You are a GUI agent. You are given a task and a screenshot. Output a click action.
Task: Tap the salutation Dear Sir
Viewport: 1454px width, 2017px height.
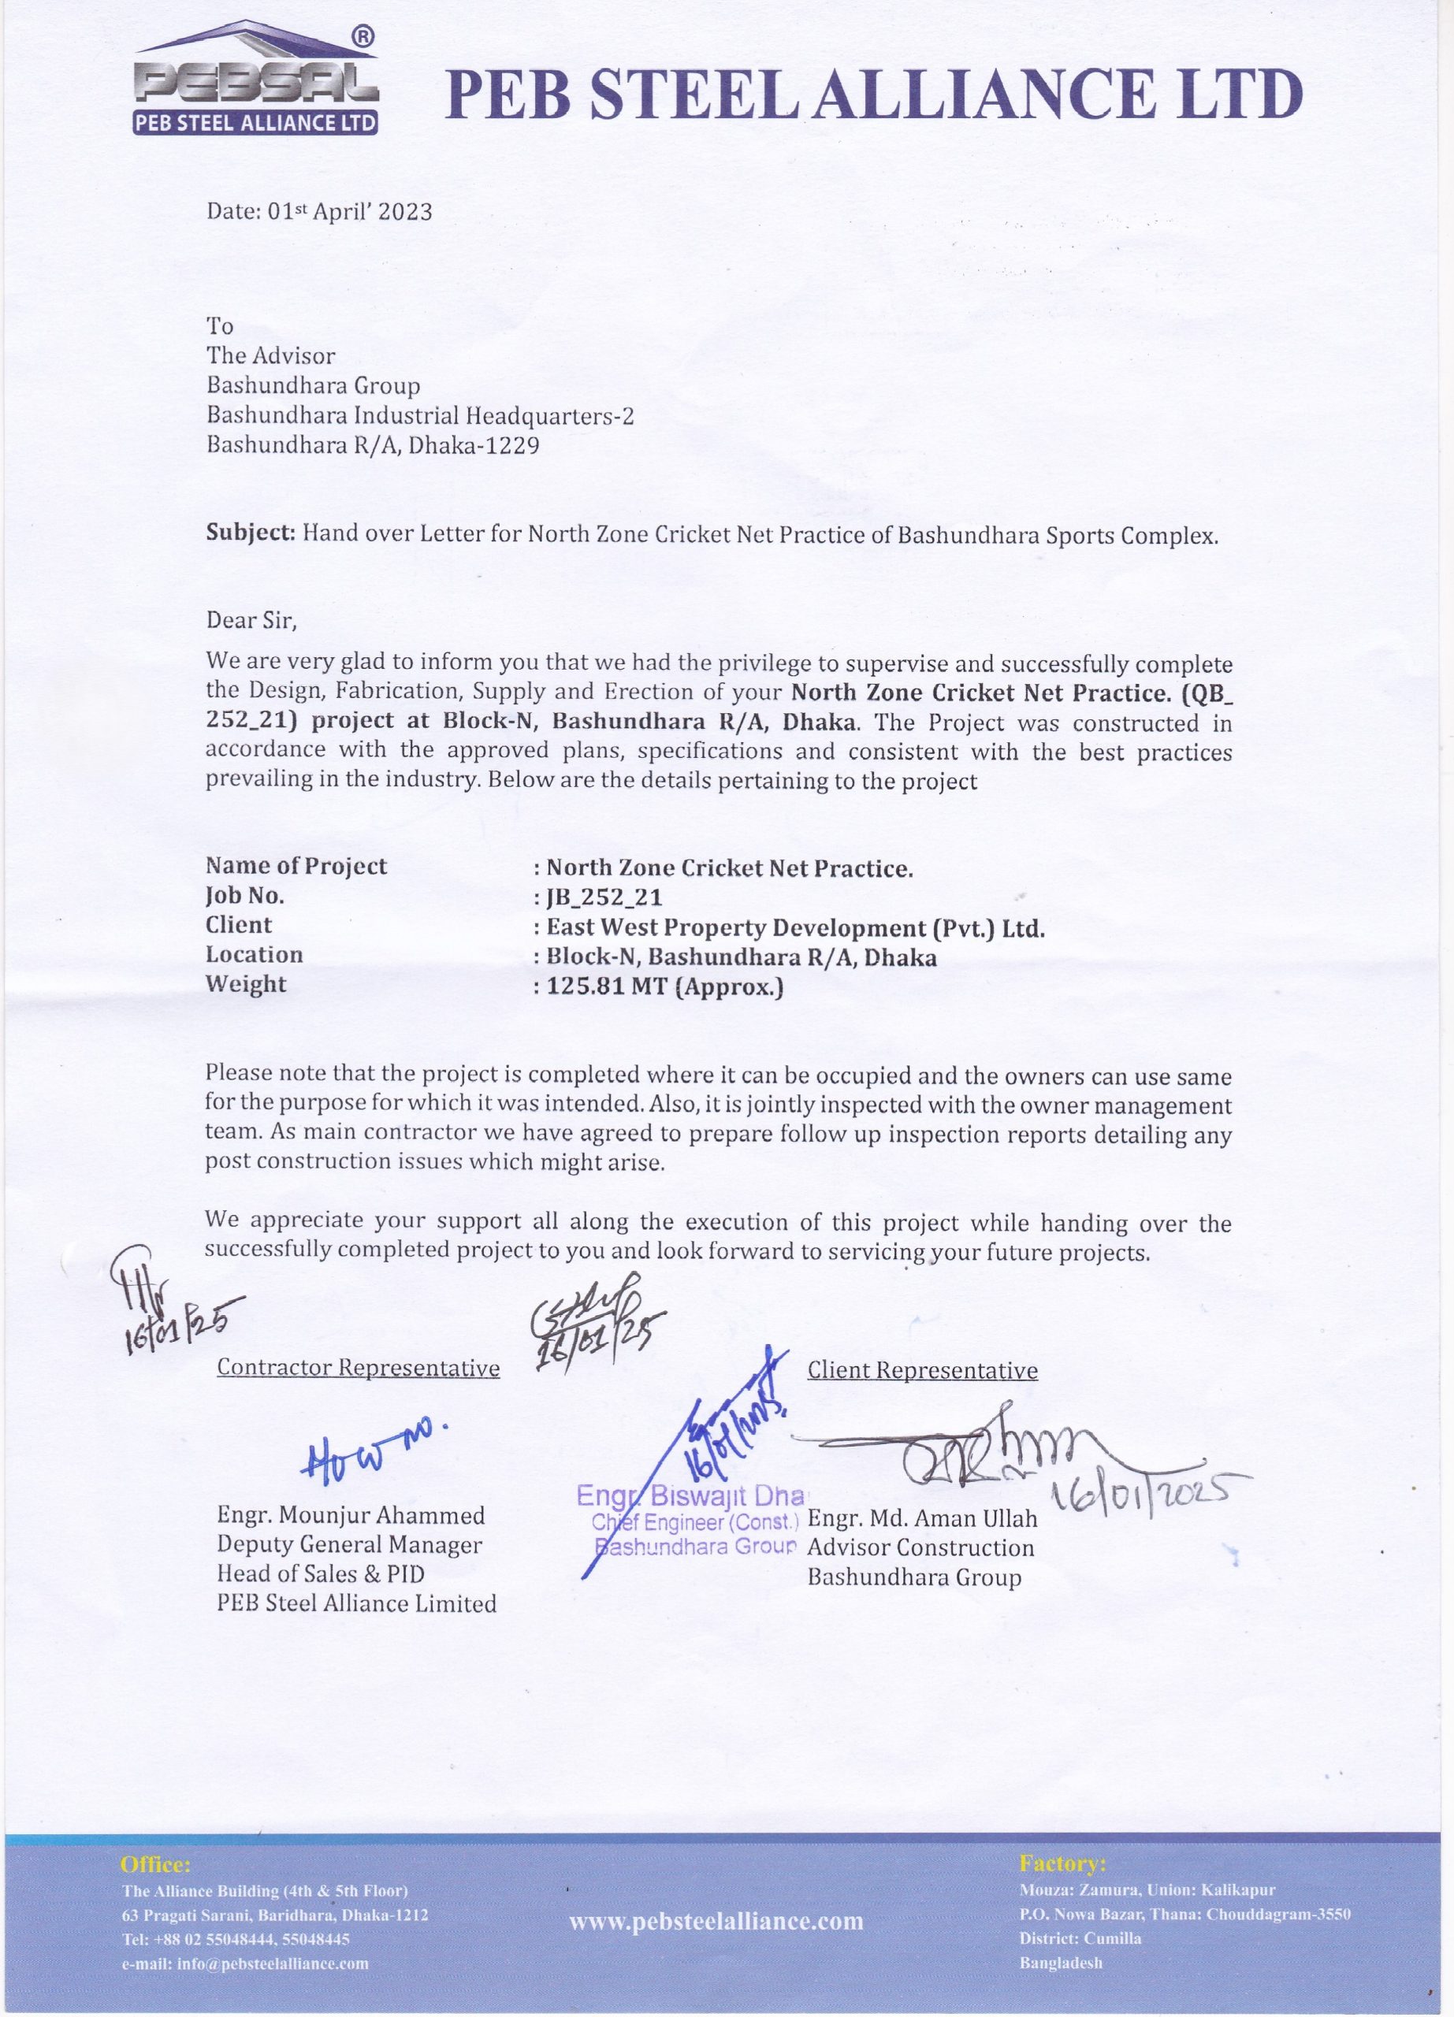click(x=251, y=620)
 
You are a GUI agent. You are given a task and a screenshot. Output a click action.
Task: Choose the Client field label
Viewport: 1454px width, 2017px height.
click(x=238, y=925)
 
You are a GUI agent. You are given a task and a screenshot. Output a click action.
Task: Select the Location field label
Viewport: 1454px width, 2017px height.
click(x=254, y=955)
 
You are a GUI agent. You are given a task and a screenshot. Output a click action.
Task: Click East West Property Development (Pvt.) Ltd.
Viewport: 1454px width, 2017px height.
click(x=795, y=927)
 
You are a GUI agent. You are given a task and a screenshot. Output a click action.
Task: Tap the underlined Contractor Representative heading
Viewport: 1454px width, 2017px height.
click(x=359, y=1368)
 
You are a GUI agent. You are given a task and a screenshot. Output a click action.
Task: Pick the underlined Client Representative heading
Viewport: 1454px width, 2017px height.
click(x=922, y=1370)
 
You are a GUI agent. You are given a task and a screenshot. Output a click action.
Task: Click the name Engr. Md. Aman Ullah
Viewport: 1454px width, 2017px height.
click(x=922, y=1518)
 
